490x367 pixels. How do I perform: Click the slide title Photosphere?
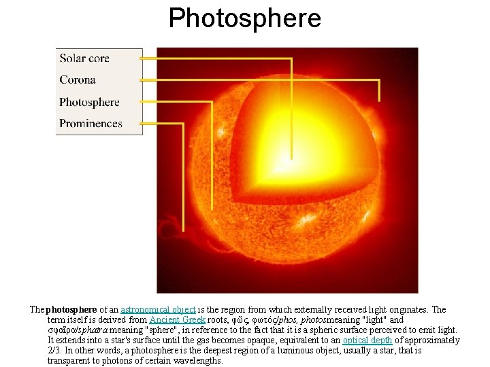pyautogui.click(x=245, y=18)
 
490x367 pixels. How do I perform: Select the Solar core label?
pyautogui.click(x=84, y=58)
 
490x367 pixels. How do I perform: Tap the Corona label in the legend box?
pyautogui.click(x=78, y=80)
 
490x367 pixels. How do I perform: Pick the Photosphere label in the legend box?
pyautogui.click(x=89, y=102)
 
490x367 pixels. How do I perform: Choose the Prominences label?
pyautogui.click(x=91, y=124)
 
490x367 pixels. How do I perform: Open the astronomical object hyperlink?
pyautogui.click(x=158, y=310)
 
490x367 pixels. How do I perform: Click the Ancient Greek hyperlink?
pyautogui.click(x=174, y=320)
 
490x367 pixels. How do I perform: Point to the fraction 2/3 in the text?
pyautogui.click(x=55, y=351)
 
